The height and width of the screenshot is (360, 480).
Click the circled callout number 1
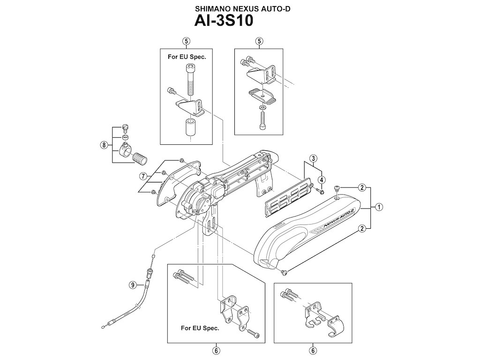[378, 206]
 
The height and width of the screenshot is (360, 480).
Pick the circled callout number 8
[104, 145]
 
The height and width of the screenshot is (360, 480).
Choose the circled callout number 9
[133, 284]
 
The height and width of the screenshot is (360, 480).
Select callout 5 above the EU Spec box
[187, 41]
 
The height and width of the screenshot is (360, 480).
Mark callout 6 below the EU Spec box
[216, 350]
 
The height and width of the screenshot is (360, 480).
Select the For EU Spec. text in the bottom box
[200, 328]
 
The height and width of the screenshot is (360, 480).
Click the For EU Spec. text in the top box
[187, 56]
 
